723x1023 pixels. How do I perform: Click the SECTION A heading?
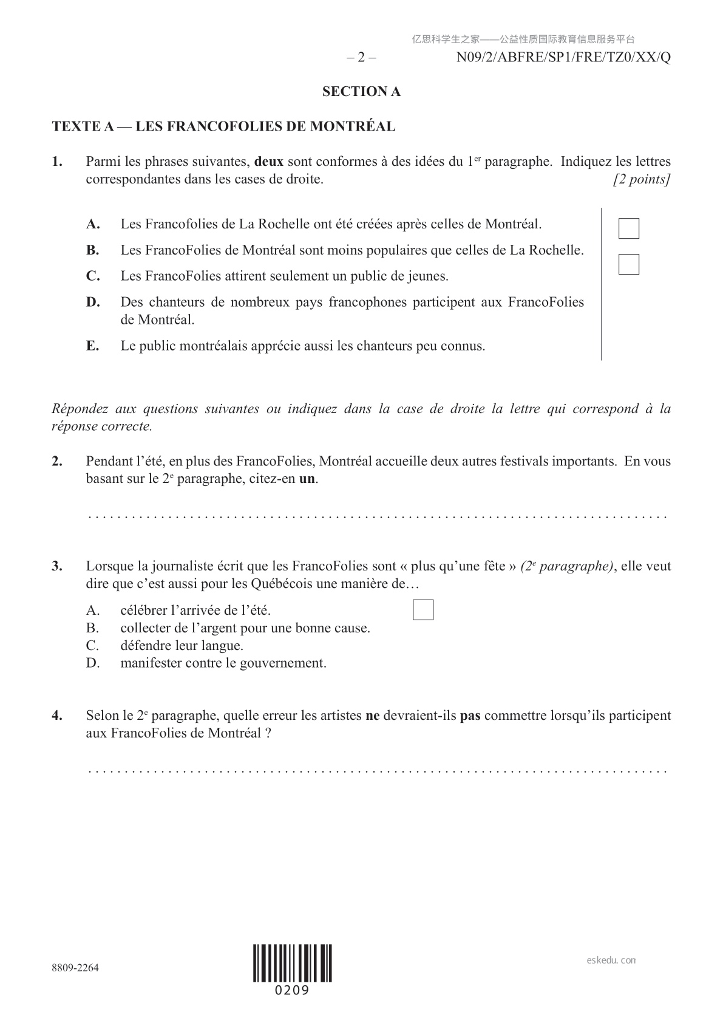pos(361,92)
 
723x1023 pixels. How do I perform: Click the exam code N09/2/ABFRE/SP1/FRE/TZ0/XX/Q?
pos(563,58)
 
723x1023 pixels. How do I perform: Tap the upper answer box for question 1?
pos(628,228)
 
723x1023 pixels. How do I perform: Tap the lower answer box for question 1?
pos(628,264)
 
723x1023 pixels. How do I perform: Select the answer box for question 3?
pos(423,610)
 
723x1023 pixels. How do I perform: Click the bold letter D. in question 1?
pos(93,302)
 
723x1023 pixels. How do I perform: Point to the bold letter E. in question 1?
pos(92,346)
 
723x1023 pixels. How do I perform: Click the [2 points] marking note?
pos(642,180)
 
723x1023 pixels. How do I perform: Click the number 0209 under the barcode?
pos(293,990)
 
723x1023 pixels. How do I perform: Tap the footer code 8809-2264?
pos(75,968)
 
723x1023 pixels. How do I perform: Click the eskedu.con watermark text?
pos(611,960)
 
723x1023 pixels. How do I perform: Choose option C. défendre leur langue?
pos(182,646)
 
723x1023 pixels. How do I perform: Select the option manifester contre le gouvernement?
pos(223,663)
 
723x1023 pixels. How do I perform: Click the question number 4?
pos(57,716)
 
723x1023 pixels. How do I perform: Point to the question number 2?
pos(57,461)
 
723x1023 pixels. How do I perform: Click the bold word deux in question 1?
pos(269,162)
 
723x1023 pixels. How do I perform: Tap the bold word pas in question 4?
pos(470,716)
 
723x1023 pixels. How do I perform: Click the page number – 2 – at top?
pos(361,58)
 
